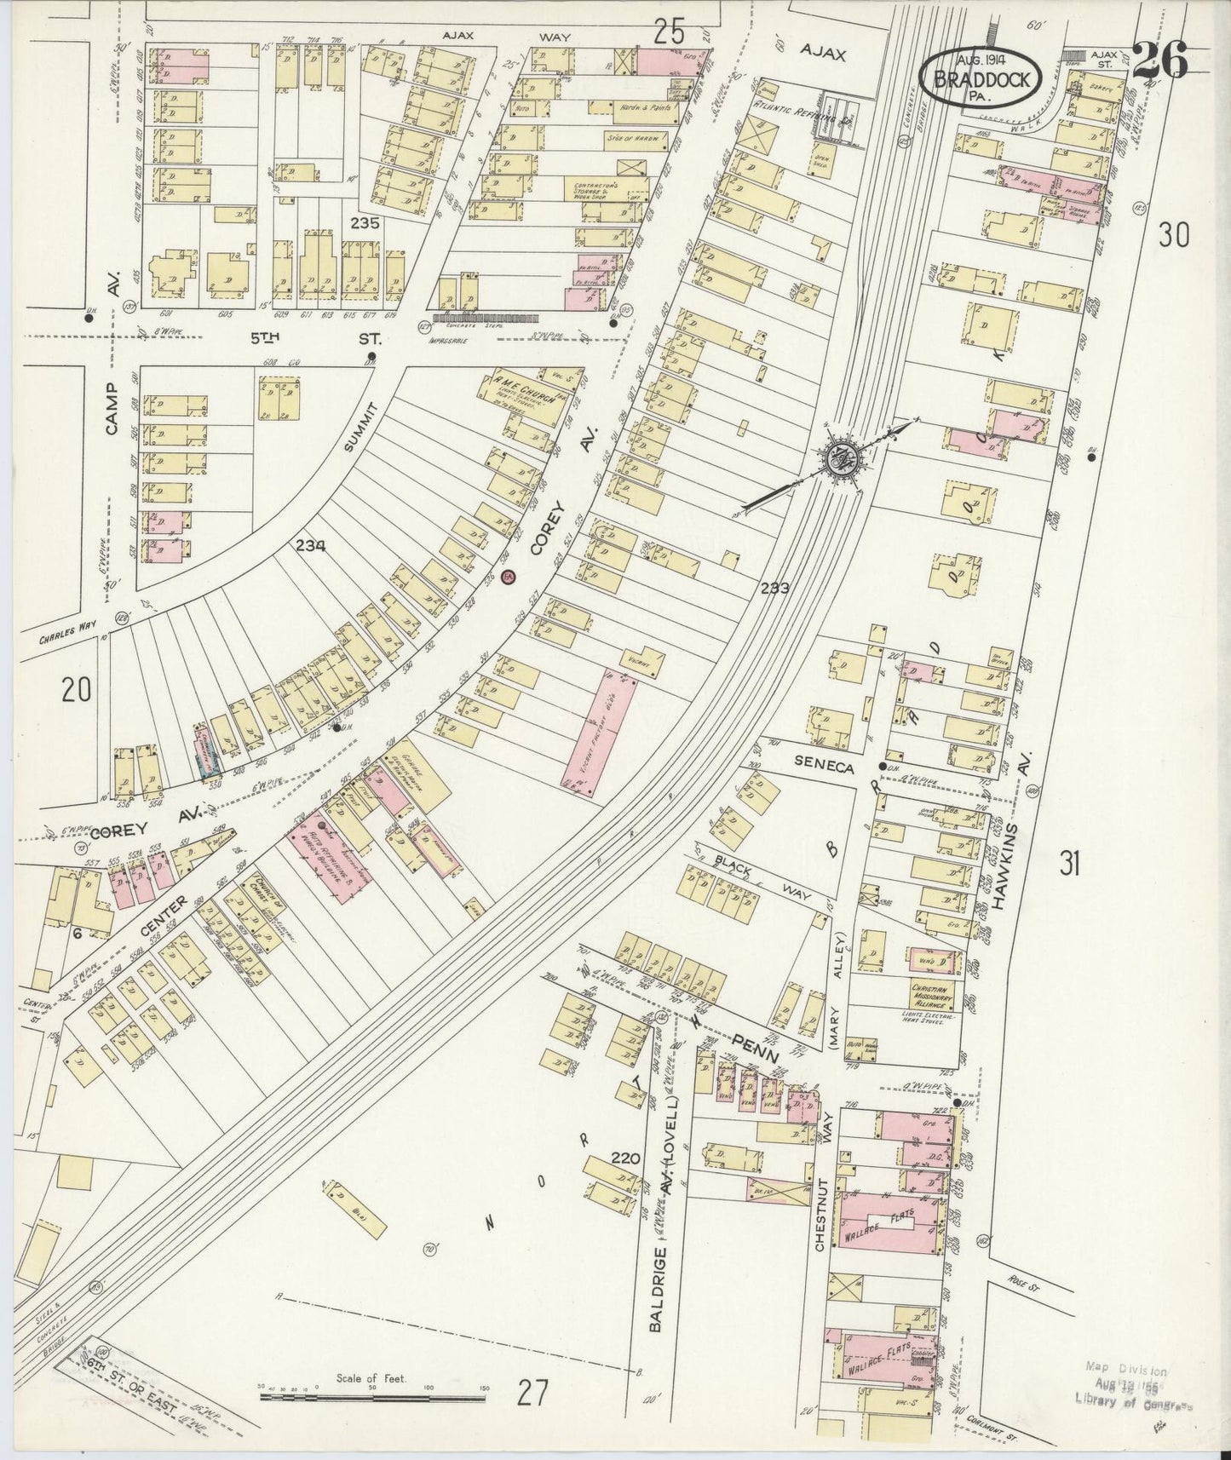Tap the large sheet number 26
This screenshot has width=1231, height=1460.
(x=1159, y=60)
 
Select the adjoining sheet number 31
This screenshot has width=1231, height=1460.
(x=1071, y=865)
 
